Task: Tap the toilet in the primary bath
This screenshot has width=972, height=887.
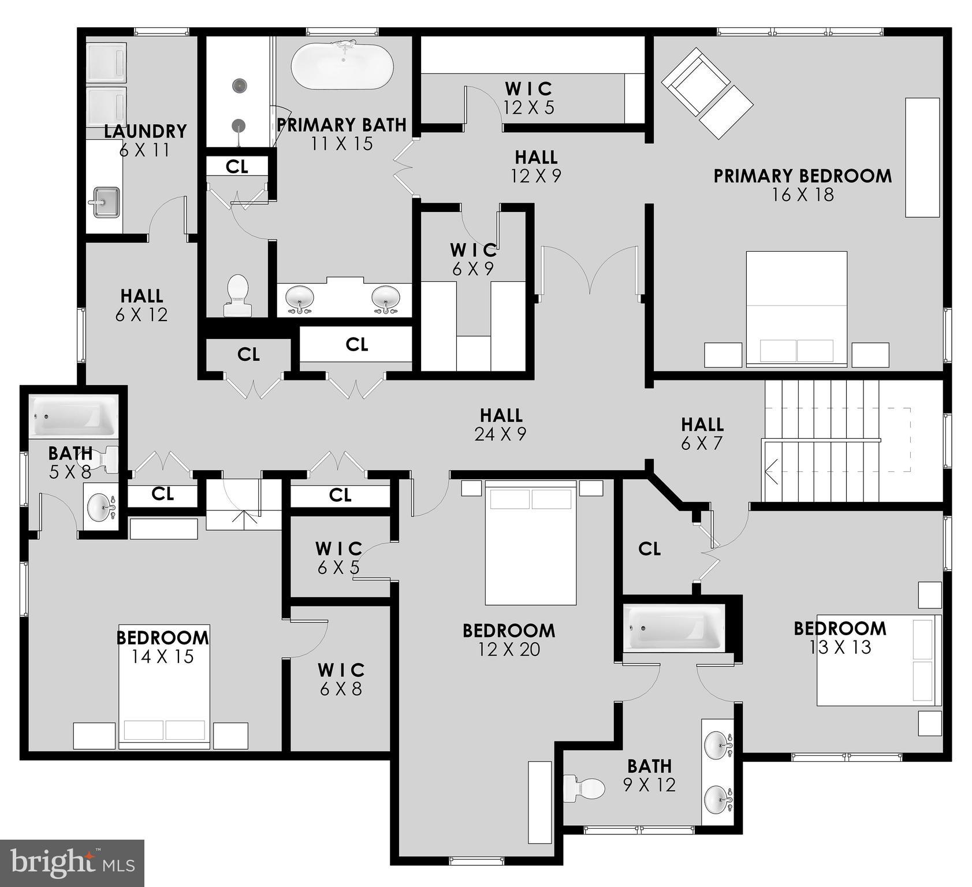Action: click(237, 295)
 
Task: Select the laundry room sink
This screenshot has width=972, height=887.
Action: click(105, 202)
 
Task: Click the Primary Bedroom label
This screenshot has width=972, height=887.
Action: click(802, 176)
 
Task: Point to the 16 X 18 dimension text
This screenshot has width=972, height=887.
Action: click(802, 195)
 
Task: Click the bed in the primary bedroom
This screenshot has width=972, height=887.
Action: click(796, 308)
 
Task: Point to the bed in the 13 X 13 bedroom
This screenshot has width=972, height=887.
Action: click(878, 659)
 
